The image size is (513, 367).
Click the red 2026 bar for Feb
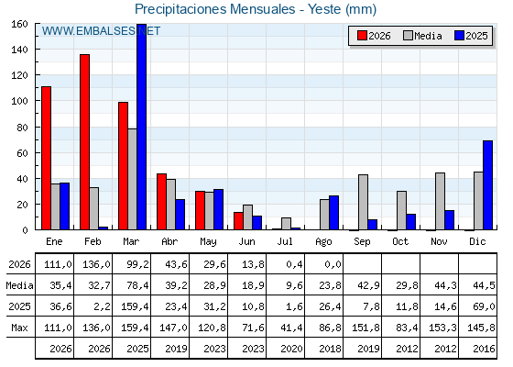(84, 142)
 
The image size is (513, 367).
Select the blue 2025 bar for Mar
(142, 127)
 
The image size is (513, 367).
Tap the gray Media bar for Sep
(363, 202)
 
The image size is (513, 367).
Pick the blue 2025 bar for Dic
(487, 185)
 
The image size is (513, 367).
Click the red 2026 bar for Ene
(46, 158)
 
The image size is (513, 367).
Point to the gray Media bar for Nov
(440, 201)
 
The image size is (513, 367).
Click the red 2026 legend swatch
(362, 36)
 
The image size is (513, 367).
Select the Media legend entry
(422, 36)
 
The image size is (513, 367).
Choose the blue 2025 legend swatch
(459, 36)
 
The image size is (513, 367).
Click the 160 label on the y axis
(19, 24)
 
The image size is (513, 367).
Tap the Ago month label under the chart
(323, 242)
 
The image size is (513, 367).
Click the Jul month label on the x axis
(285, 241)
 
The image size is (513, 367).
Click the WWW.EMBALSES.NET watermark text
(101, 31)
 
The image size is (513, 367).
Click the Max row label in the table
(19, 328)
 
